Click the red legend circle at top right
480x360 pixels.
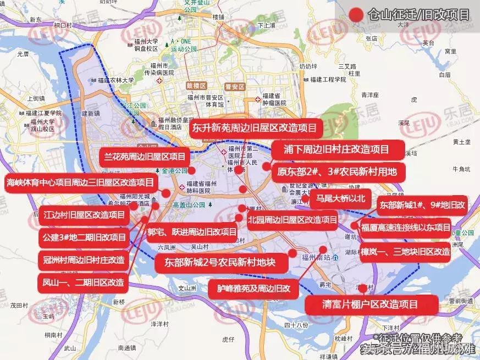(x=356, y=15)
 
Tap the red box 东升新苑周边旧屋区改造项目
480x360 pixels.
(x=254, y=129)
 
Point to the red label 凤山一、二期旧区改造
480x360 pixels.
(x=83, y=283)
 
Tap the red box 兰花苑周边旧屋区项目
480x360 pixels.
(x=145, y=157)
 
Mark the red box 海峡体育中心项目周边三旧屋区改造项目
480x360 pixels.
(x=80, y=182)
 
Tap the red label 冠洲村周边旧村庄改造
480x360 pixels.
(x=84, y=259)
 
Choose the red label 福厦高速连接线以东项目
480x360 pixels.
(x=406, y=228)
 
